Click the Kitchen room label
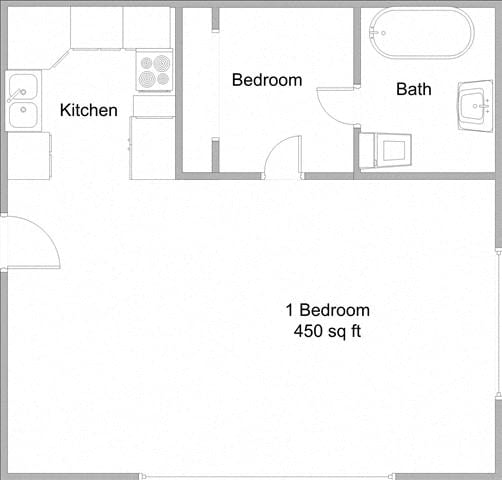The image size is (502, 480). [89, 110]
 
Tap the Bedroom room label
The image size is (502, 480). [266, 80]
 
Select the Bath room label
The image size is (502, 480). [414, 89]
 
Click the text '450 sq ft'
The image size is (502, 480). [328, 331]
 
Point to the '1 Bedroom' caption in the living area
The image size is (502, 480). [328, 310]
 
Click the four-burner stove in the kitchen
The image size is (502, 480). [154, 70]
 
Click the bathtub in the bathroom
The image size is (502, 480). [419, 33]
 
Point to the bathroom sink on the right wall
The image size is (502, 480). [475, 104]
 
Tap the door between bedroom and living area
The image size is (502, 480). [284, 158]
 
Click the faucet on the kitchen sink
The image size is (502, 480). [17, 95]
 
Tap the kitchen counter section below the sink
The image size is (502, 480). [29, 155]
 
